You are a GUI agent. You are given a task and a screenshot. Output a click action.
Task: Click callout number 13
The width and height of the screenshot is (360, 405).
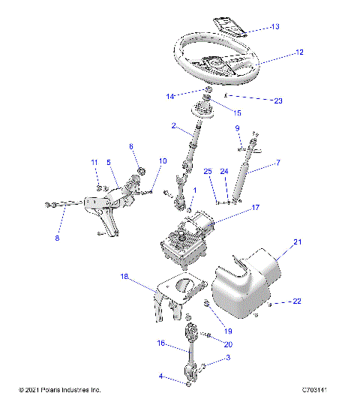(x=274, y=26)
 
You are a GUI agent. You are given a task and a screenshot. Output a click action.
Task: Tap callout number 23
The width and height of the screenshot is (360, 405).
(x=279, y=99)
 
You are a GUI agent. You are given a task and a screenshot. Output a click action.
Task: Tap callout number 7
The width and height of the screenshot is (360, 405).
(x=278, y=162)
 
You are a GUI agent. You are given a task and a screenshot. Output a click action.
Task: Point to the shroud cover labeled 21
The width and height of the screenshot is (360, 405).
(x=240, y=285)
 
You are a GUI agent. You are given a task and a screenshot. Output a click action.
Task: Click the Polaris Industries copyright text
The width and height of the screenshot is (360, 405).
(x=59, y=390)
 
